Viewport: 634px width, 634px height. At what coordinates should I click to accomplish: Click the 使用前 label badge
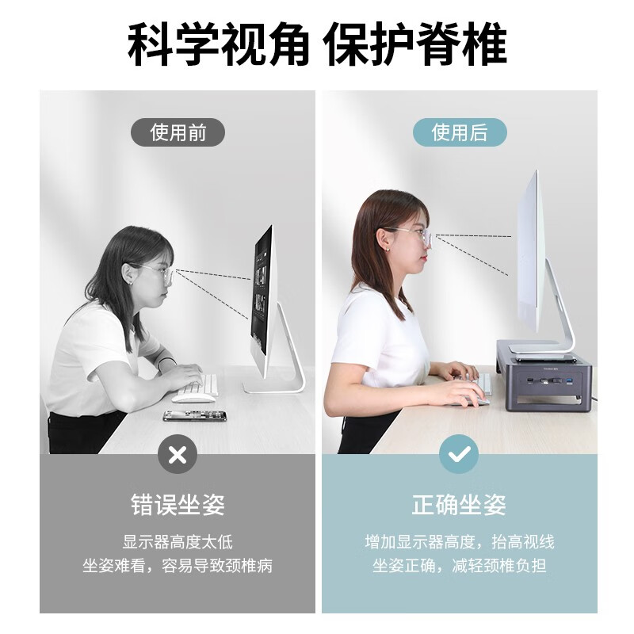click(x=178, y=132)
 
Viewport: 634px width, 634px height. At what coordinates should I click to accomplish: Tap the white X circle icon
click(x=178, y=454)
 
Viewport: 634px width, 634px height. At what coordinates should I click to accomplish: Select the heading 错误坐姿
click(x=178, y=505)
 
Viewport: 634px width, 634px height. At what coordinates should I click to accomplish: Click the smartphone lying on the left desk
click(x=195, y=415)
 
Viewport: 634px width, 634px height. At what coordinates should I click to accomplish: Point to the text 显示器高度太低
click(x=178, y=543)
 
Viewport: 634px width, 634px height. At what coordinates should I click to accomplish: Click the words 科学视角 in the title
click(x=218, y=45)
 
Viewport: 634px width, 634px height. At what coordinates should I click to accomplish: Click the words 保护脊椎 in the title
click(x=416, y=45)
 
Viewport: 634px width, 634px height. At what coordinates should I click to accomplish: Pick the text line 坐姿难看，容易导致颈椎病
click(x=178, y=566)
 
